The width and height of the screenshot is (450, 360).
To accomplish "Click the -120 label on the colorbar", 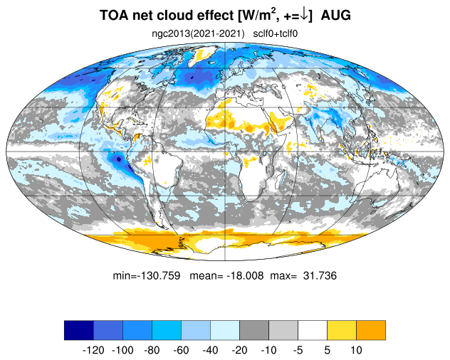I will pos(93,350).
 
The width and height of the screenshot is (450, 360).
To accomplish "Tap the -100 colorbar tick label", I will pos(122,350).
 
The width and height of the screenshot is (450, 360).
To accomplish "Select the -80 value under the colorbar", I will pos(152,350).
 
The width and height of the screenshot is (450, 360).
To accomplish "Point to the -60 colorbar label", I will pos(181,350).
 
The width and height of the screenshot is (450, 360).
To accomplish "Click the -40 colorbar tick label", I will pos(210,350).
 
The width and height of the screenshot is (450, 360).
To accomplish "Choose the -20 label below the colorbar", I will pos(239,350).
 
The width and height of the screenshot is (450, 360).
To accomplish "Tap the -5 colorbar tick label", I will pos(298,350).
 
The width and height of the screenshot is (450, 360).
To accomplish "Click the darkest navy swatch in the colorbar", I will pos(78,330).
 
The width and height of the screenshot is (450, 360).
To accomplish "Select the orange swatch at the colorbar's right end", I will pos(371,330).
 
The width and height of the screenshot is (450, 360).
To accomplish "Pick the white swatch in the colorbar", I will pos(313,330).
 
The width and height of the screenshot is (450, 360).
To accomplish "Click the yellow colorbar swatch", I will pos(342,330).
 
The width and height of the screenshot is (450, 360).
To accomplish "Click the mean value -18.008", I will pos(240,275).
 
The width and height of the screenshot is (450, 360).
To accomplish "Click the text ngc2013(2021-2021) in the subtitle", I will pos(198,33).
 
